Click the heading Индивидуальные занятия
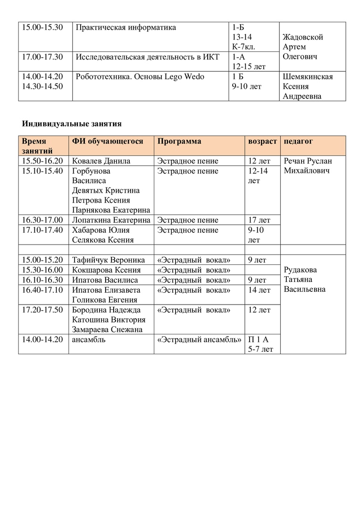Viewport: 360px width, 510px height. coord(72,124)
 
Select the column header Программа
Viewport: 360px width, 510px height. coord(179,141)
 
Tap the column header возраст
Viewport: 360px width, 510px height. coord(262,141)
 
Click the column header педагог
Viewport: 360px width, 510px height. coord(298,141)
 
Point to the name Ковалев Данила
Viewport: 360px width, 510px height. coord(101,161)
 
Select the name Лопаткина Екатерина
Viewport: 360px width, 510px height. coord(111,220)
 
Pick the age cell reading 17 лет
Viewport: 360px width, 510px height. coord(259,220)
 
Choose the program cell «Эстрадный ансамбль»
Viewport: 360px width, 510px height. coord(199,339)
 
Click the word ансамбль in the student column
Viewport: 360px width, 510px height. coord(88,339)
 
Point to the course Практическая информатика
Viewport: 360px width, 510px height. coord(126,27)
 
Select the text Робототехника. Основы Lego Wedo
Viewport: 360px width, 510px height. coord(140,76)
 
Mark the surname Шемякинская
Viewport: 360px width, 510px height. coord(308,76)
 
